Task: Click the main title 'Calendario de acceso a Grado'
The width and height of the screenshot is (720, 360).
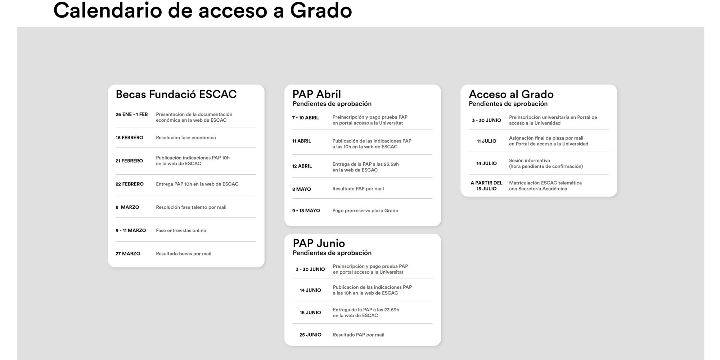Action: click(202, 10)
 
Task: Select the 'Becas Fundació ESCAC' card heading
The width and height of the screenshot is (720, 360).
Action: click(176, 94)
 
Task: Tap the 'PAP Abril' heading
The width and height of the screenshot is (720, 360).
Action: click(316, 94)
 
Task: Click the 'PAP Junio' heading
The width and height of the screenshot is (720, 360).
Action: click(319, 243)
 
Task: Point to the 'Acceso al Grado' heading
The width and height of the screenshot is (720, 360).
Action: click(511, 94)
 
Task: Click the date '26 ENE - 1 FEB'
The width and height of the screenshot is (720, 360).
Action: click(131, 114)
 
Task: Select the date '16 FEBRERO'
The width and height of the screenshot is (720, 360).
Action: click(129, 138)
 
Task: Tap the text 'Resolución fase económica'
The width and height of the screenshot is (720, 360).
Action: click(186, 138)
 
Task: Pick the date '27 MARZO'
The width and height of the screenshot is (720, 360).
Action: click(128, 254)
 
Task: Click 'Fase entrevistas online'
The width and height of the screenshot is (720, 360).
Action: click(181, 230)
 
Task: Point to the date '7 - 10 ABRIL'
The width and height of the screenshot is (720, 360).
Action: click(305, 118)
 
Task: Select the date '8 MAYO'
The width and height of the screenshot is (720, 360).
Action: click(301, 189)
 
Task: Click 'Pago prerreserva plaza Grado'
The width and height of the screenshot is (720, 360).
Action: click(365, 211)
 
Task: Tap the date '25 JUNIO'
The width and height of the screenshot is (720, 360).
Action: click(310, 335)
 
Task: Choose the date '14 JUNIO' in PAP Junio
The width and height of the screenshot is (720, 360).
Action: click(310, 290)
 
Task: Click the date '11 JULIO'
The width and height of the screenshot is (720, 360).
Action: click(486, 141)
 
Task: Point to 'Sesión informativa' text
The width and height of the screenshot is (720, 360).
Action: click(529, 161)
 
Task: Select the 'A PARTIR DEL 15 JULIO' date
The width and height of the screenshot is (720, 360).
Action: click(486, 186)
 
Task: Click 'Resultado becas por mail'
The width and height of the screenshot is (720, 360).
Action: click(183, 254)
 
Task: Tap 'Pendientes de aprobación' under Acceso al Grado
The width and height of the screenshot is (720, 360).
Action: click(508, 104)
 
